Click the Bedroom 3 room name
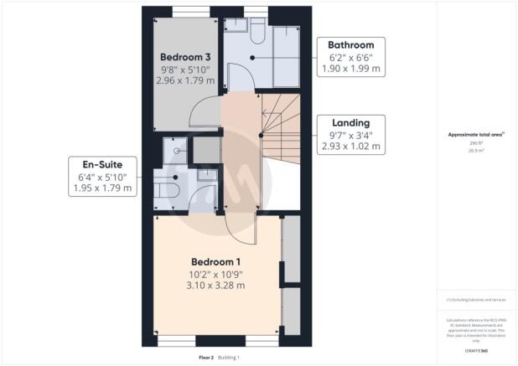(x=184, y=57)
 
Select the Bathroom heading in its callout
(x=350, y=44)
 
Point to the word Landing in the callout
(x=350, y=123)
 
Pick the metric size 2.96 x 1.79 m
(x=184, y=80)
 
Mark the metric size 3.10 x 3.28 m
(x=216, y=286)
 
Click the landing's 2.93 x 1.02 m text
(x=350, y=147)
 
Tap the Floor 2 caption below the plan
(x=206, y=358)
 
